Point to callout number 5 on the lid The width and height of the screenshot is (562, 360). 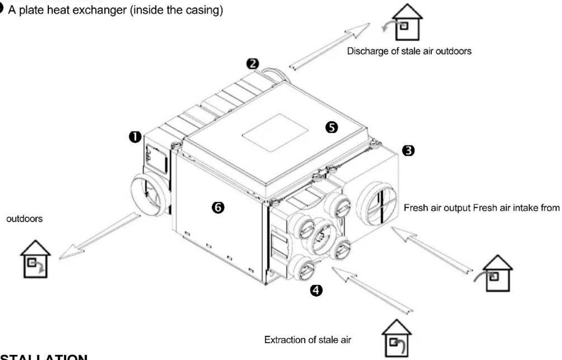(332, 128)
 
